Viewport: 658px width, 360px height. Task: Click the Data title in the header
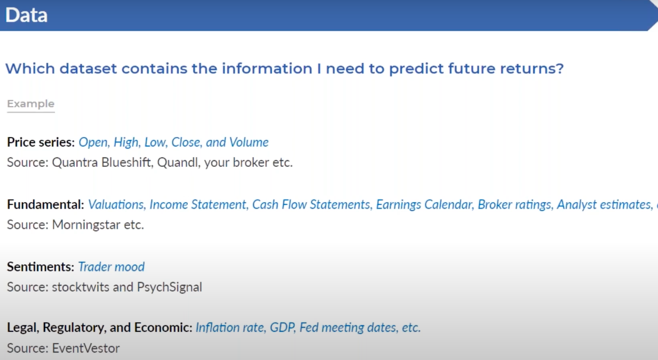[26, 15]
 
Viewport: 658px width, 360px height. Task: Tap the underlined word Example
[31, 103]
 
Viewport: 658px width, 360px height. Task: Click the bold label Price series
[41, 142]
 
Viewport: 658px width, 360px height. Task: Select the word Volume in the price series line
[249, 142]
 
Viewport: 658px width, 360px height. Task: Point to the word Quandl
[179, 162]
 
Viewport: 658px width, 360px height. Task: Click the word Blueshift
[127, 162]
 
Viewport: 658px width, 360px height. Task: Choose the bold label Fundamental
[45, 204]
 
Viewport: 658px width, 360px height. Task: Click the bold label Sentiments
[41, 267]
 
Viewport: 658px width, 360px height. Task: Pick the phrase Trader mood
[112, 267]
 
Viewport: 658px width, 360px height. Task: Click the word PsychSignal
[170, 287]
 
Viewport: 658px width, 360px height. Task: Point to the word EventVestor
[86, 348]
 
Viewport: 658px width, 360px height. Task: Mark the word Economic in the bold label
[163, 327]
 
